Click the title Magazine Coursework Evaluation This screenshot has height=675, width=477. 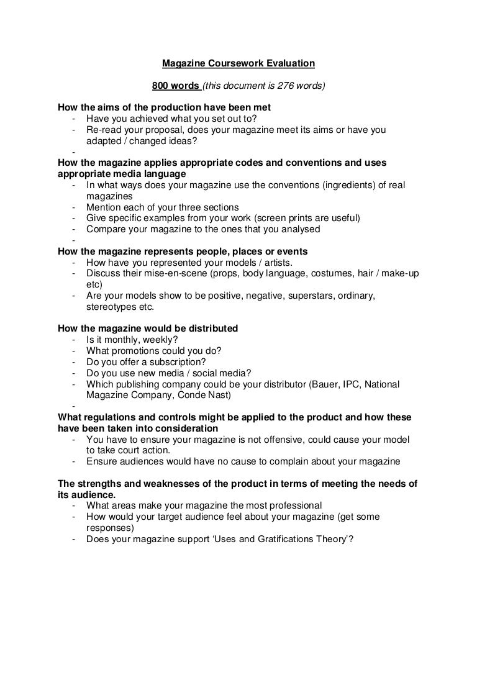(238, 63)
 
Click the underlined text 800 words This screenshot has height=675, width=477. (176, 85)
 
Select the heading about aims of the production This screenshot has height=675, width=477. (164, 107)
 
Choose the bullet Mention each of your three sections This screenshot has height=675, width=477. (163, 207)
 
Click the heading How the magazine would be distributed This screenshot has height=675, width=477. (148, 328)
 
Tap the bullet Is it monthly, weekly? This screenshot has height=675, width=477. (132, 340)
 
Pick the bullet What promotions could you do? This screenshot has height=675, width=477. (153, 351)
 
